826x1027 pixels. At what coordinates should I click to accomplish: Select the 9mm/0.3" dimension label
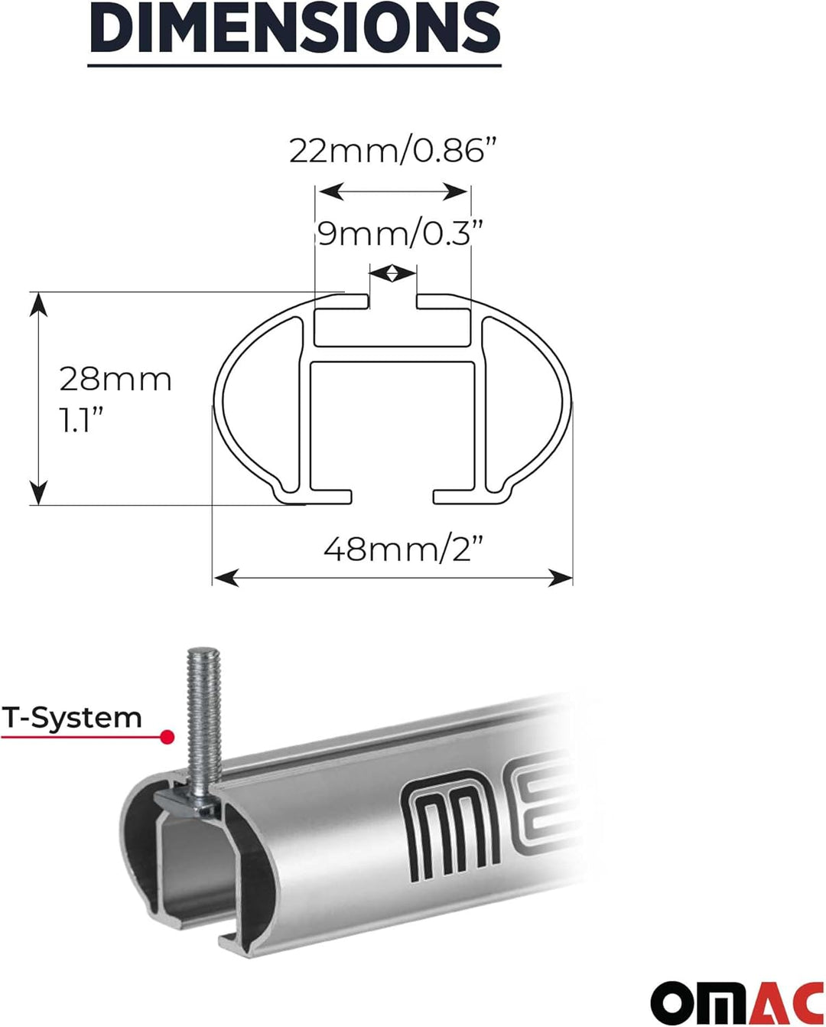coord(401,233)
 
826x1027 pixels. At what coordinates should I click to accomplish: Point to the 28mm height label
coord(115,380)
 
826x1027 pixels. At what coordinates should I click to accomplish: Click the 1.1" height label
coord(82,419)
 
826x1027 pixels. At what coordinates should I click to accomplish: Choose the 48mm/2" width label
coord(404,549)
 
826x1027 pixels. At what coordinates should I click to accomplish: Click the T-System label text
coord(73,718)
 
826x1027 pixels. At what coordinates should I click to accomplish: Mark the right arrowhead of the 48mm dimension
coord(561,578)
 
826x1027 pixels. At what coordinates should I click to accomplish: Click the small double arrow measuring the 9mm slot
coord(392,272)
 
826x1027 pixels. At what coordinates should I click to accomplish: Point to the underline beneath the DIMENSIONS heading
coord(294,65)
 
